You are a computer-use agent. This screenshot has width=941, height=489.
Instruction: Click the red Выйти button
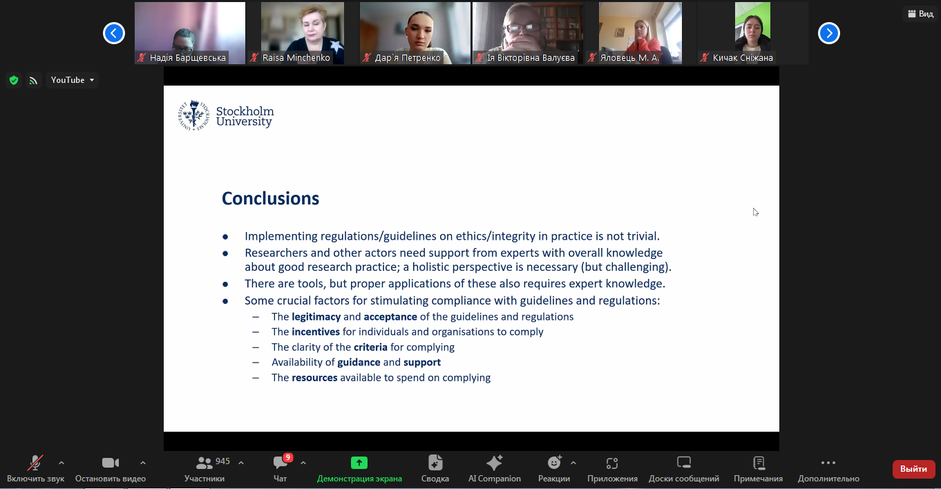(913, 469)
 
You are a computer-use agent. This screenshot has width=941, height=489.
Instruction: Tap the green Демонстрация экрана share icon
(359, 463)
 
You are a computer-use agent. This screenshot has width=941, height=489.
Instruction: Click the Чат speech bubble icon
(281, 463)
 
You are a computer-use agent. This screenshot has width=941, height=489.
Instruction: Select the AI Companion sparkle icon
(495, 463)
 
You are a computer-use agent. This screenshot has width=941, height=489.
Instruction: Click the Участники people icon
(205, 463)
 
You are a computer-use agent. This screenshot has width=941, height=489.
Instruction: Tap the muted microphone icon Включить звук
(35, 463)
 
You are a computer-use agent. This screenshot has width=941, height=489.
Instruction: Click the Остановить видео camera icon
(111, 463)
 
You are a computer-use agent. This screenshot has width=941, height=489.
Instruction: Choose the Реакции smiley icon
(555, 463)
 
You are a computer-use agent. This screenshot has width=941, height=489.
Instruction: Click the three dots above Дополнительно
(828, 463)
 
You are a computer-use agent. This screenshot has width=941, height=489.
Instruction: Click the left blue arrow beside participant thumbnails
(114, 33)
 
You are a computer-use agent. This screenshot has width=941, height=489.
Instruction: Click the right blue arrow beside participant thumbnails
(829, 33)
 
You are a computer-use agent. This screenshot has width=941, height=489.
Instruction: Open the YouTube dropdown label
(73, 80)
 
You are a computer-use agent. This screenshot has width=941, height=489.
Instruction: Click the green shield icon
(14, 80)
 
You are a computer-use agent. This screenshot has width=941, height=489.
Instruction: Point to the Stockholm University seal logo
(193, 115)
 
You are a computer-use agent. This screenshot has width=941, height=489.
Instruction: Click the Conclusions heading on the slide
(271, 198)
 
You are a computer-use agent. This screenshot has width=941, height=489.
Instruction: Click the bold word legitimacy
(316, 317)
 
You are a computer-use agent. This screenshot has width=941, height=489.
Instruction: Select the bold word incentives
(316, 332)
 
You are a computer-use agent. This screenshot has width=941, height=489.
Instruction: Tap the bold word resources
(314, 378)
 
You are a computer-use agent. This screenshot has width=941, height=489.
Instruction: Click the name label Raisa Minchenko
(296, 57)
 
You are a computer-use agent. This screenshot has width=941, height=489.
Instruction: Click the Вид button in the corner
(920, 14)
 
